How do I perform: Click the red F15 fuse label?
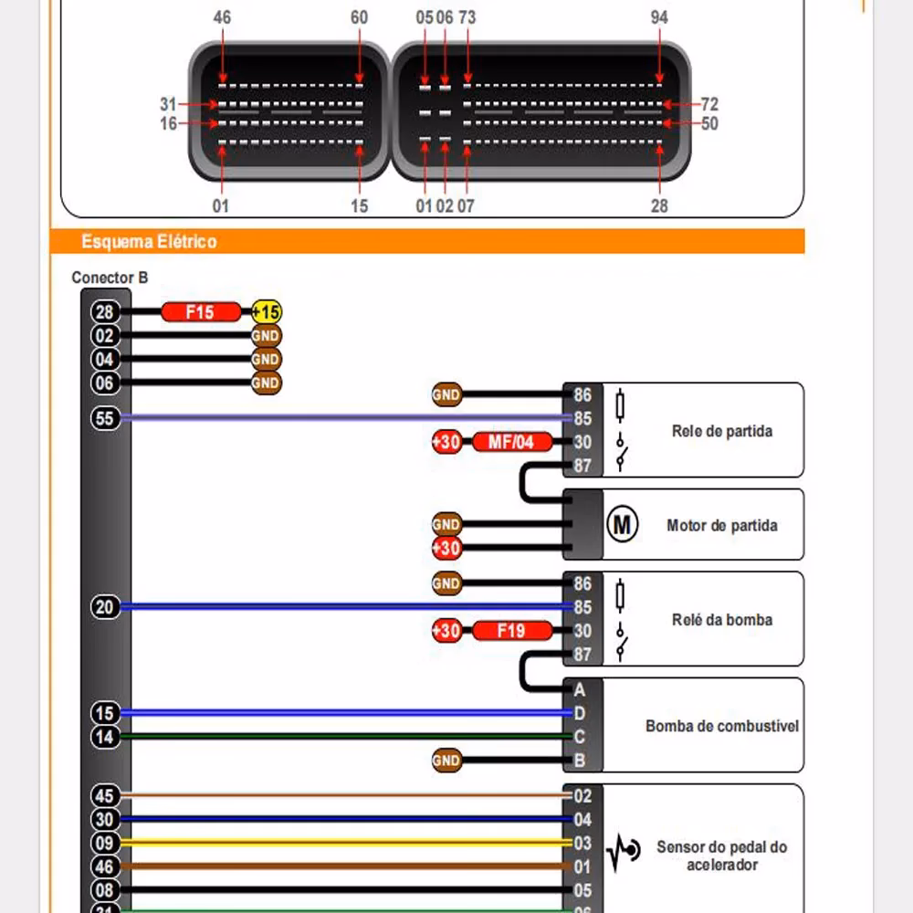[201, 312]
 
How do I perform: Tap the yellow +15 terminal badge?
[267, 312]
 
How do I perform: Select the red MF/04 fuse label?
[512, 443]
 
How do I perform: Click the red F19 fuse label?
[512, 631]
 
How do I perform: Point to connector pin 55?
[106, 418]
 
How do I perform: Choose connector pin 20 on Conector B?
[106, 607]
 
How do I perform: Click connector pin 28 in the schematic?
[106, 312]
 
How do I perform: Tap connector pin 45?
[106, 796]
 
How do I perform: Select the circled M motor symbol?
[623, 525]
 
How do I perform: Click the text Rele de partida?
[721, 431]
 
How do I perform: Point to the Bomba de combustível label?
[721, 727]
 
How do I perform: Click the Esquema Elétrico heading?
[149, 242]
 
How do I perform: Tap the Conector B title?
[110, 278]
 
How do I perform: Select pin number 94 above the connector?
[659, 17]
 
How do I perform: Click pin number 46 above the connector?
[222, 17]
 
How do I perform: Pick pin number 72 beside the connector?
[709, 105]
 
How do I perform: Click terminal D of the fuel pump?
[580, 713]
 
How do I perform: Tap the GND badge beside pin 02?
[266, 336]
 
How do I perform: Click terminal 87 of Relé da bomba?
[582, 655]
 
